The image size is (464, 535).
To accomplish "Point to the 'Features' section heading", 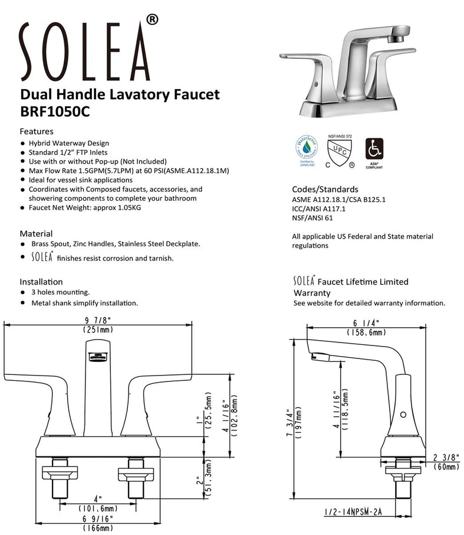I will pyautogui.click(x=37, y=131).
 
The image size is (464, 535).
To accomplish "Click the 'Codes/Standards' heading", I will pyautogui.click(x=325, y=190).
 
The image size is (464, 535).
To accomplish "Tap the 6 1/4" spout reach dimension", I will pyautogui.click(x=366, y=328).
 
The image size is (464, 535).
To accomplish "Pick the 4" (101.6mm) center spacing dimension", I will pyautogui.click(x=98, y=504).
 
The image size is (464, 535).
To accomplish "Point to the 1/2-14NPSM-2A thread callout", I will pyautogui.click(x=353, y=511).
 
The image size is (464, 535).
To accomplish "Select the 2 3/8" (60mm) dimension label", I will pyautogui.click(x=446, y=461).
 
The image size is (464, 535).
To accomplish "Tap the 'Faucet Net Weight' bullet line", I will pyautogui.click(x=85, y=208).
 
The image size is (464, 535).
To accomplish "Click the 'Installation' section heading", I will pyautogui.click(x=41, y=282).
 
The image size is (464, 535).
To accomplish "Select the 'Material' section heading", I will pyautogui.click(x=36, y=233).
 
